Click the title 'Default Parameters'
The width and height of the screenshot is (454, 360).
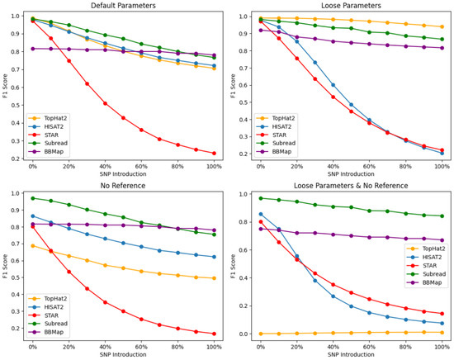123,6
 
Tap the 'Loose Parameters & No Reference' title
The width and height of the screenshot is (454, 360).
351,186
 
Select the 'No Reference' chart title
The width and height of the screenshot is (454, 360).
123,186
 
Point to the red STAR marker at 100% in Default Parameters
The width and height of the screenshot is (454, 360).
214,154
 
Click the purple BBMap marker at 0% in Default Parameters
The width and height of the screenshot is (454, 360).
33,49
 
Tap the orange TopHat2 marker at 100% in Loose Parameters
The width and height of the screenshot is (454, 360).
442,26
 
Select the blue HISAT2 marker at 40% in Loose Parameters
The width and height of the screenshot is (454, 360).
333,85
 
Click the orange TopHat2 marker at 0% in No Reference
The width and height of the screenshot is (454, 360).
33,246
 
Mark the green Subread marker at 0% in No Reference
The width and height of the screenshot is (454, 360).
33,198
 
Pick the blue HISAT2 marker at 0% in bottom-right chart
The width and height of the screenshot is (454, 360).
261,215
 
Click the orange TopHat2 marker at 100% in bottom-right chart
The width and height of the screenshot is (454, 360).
442,333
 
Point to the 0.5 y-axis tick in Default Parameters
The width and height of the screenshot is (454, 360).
17,105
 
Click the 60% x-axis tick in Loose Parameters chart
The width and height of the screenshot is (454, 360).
369,167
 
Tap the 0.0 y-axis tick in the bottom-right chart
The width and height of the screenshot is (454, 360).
244,334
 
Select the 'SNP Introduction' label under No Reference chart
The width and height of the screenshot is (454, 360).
123,354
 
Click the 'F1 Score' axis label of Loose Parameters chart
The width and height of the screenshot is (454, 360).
233,86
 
